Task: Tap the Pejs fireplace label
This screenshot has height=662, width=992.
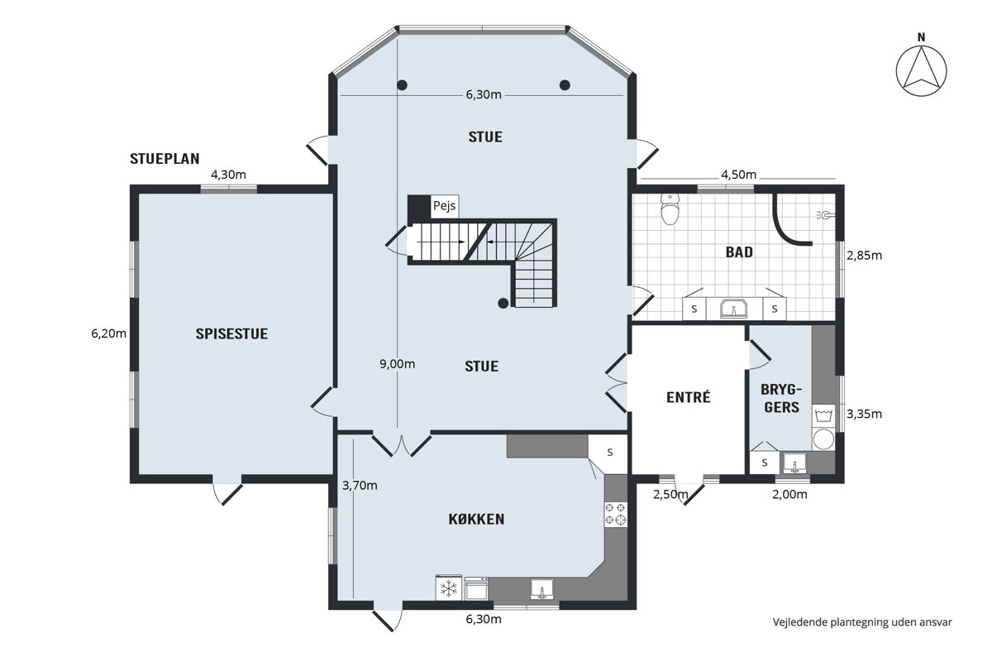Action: pos(444,206)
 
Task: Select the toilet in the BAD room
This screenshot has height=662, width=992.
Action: pos(670,209)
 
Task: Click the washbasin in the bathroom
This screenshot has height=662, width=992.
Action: pos(734,308)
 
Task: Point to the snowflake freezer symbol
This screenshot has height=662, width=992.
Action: pos(449,588)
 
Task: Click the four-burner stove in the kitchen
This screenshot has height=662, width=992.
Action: pos(616,514)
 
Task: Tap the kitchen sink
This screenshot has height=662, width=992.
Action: pos(542,589)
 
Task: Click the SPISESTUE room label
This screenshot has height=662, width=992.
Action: pos(231,333)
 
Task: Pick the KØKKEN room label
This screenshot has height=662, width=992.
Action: pos(476,519)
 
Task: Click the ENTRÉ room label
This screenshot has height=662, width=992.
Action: pos(688,397)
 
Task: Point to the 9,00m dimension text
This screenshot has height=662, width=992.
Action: pos(398,364)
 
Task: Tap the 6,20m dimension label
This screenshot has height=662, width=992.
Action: pos(109,333)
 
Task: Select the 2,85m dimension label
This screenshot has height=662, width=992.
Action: pos(865,256)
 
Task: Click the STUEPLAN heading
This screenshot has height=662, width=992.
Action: pos(165,159)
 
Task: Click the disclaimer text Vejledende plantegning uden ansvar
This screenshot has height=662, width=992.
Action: pos(862,622)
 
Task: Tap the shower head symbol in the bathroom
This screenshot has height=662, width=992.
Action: pos(826,215)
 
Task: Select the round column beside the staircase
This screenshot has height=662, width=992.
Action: pos(503,304)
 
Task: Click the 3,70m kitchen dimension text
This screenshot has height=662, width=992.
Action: pos(360,486)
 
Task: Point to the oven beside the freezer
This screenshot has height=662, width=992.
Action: pos(476,589)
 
